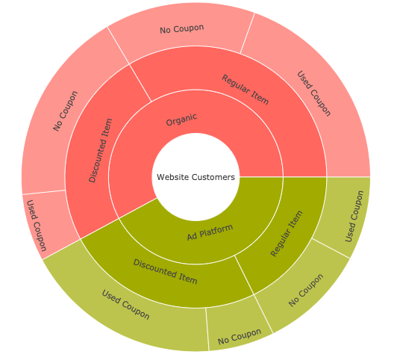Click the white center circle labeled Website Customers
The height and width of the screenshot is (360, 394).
196,177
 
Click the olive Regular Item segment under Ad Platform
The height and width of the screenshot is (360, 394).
287,233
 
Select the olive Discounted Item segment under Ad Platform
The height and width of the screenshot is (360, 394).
166,272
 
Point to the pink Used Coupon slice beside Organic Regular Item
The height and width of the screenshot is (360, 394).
313,94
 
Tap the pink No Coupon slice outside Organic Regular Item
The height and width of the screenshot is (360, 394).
182,29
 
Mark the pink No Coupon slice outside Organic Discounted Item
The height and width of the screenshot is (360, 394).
66,111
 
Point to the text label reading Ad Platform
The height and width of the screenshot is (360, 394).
210,232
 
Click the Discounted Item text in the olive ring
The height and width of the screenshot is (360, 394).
166,272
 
